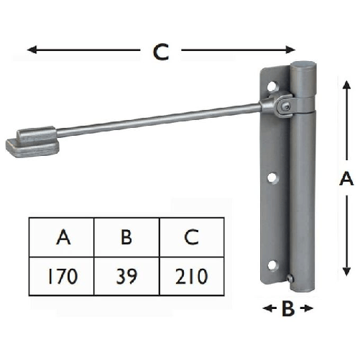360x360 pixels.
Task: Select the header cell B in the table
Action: [x=126, y=237]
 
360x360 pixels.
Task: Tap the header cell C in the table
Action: [x=190, y=237]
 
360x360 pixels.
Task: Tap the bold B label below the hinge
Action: [x=287, y=310]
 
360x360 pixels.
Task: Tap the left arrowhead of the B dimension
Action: [x=267, y=309]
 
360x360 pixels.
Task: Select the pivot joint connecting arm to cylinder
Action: [x=285, y=105]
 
